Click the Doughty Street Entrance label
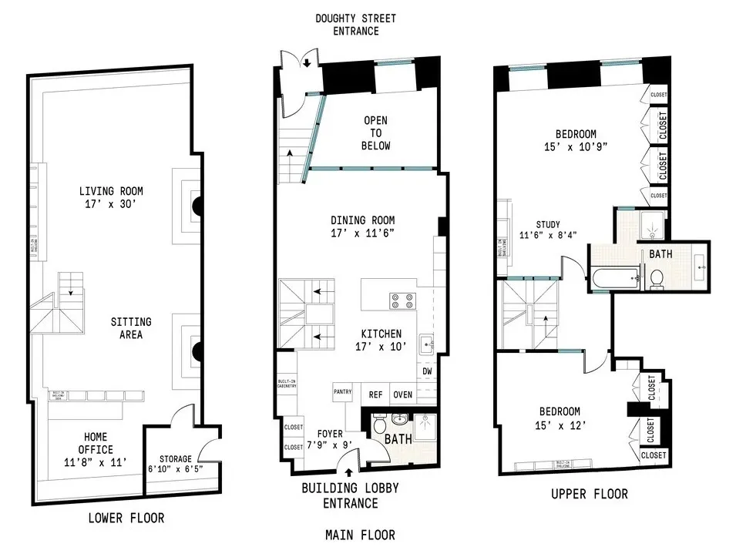tap(356, 25)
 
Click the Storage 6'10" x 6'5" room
tap(170, 465)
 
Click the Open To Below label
tap(376, 133)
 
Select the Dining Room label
tap(362, 226)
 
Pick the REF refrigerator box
tap(375, 394)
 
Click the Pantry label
tap(343, 392)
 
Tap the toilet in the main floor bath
tap(378, 425)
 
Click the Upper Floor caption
tap(590, 494)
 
